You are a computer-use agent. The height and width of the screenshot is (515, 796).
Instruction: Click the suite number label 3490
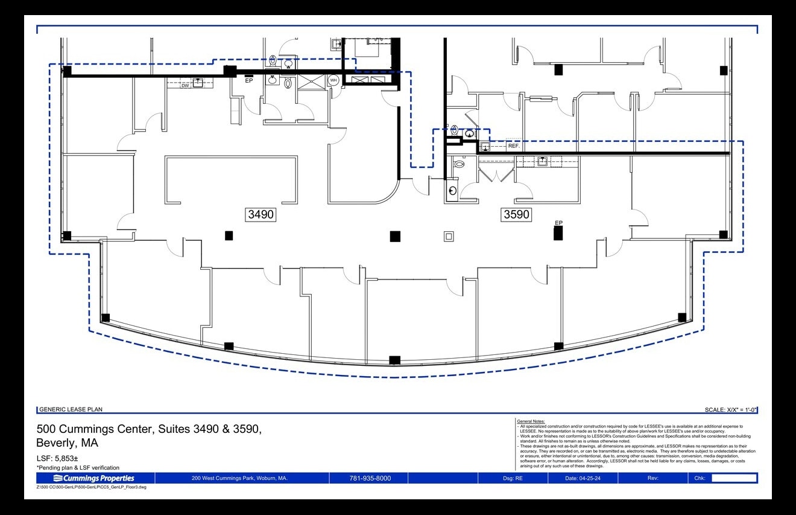tap(261, 214)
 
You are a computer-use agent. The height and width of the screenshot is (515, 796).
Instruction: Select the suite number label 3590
tap(517, 214)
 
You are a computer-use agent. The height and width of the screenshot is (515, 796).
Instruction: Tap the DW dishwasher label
tap(186, 86)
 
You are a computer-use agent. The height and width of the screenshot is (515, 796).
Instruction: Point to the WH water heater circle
tap(333, 80)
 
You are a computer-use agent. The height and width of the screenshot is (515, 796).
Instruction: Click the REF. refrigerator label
tap(514, 146)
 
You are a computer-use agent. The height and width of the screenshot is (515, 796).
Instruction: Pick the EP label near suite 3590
tap(558, 223)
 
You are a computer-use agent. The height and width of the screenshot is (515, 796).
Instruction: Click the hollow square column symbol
tap(448, 236)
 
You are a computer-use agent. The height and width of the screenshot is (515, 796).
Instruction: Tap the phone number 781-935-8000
tap(370, 478)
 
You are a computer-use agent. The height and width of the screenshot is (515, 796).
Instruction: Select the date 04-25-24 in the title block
tap(582, 478)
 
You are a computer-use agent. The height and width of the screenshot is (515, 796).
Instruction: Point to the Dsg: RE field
tap(513, 478)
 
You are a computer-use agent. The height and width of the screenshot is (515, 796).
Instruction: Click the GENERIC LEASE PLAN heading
tap(71, 409)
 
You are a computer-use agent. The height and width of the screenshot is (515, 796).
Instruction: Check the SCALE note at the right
tap(730, 410)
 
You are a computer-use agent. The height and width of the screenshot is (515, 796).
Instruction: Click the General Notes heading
tap(531, 421)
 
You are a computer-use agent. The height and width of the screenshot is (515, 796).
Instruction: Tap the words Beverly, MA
tap(67, 443)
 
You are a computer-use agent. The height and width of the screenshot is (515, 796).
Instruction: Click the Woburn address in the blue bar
tap(239, 478)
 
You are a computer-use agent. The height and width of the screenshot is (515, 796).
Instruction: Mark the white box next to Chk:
tap(734, 478)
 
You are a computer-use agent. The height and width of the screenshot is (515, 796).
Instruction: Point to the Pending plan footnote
tap(78, 468)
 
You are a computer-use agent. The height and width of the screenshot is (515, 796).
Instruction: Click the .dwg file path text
tap(91, 487)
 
